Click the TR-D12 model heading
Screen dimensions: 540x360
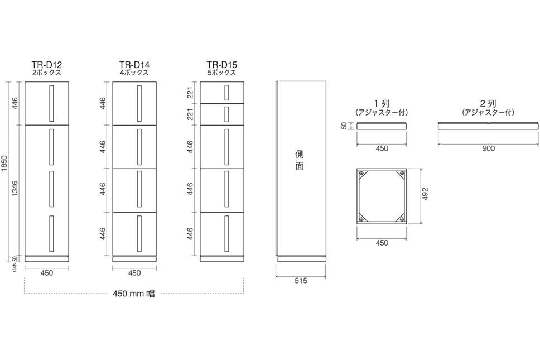pos(47,65)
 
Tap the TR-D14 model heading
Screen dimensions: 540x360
pos(134,65)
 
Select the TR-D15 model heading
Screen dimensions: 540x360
pos(222,65)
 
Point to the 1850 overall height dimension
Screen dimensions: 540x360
pos(4,164)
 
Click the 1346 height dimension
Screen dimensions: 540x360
pos(15,189)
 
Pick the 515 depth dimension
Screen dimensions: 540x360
pos(301,281)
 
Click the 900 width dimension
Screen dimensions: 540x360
pos(488,148)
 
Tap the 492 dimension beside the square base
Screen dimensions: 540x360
pos(425,194)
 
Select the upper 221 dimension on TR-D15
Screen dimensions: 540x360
pos(190,93)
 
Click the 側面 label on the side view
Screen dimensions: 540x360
pos(300,160)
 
